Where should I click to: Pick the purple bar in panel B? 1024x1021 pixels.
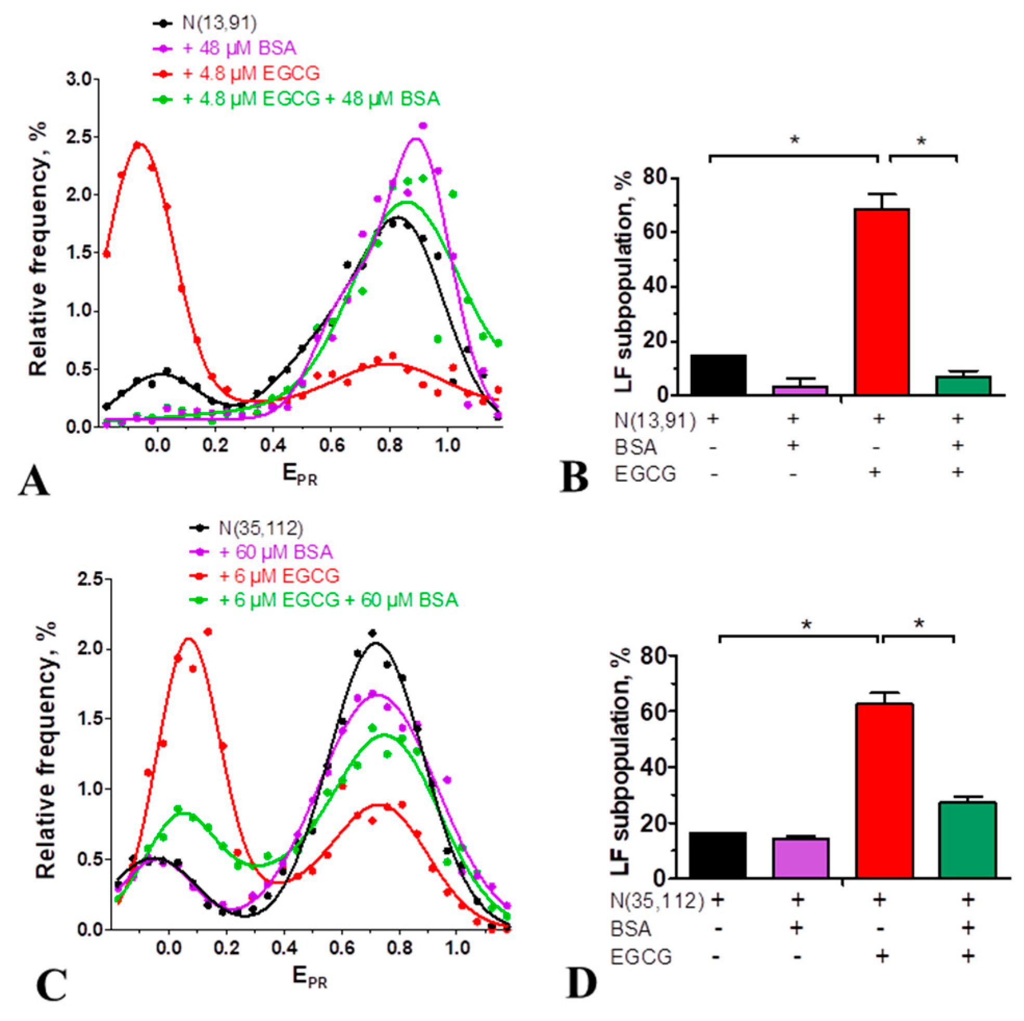click(x=800, y=390)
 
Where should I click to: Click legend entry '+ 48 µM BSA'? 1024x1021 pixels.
click(x=239, y=48)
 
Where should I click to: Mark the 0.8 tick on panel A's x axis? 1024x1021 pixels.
click(x=390, y=445)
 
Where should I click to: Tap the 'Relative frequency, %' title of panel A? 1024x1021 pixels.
click(x=38, y=249)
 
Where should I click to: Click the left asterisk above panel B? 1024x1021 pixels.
click(x=794, y=141)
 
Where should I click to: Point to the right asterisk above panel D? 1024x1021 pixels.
click(x=918, y=624)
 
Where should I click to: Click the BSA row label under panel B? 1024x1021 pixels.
click(x=636, y=447)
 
